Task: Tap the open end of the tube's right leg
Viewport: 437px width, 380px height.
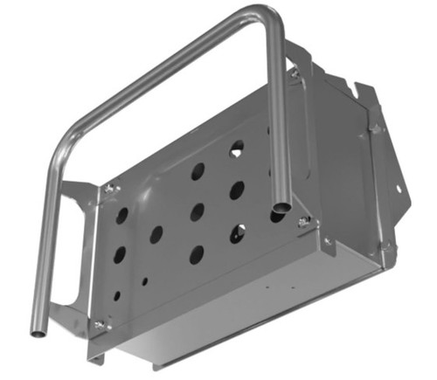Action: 281,208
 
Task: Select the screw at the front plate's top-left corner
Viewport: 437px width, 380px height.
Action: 110,188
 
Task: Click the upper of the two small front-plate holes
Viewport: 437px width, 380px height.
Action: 145,281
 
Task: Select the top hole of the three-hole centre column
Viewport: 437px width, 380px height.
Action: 198,170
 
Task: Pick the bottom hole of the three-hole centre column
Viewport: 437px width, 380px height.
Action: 197,255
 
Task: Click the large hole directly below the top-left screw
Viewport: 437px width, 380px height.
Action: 122,215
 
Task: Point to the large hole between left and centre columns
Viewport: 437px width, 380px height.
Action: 156,234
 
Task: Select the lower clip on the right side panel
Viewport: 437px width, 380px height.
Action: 385,250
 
